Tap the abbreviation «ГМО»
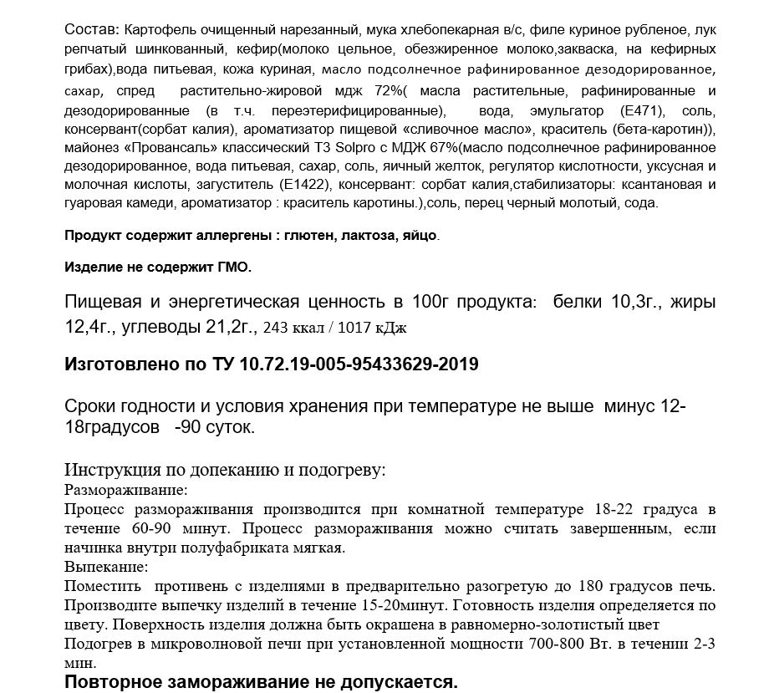pyautogui.click(x=232, y=268)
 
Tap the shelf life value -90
pyautogui.click(x=190, y=427)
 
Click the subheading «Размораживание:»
pyautogui.click(x=125, y=489)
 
